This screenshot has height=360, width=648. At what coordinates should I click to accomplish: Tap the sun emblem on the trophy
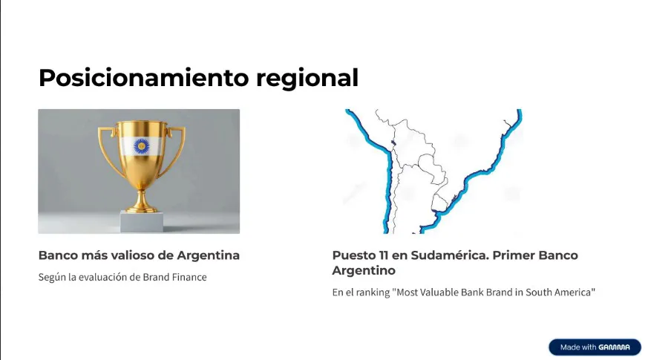click(141, 145)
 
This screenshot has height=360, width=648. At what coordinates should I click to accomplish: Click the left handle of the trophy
click(106, 148)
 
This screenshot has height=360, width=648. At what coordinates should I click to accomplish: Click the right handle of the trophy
click(176, 148)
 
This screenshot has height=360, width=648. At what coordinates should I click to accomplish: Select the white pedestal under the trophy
click(142, 221)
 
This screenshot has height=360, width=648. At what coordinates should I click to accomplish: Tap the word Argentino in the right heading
click(364, 271)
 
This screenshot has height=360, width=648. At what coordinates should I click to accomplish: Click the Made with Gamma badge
click(594, 347)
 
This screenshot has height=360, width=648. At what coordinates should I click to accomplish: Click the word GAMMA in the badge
click(616, 347)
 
